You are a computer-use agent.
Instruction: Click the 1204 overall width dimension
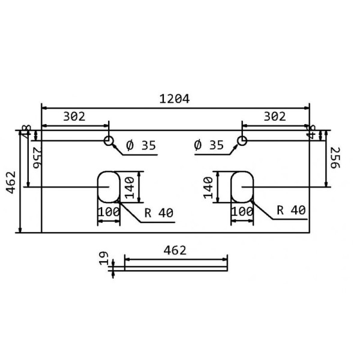click(175, 99)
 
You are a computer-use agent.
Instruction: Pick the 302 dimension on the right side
click(275, 117)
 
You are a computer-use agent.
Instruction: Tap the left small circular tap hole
click(109, 141)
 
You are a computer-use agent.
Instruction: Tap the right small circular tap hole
click(242, 141)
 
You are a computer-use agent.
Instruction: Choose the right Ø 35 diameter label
click(209, 145)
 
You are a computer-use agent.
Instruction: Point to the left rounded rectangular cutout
click(109, 187)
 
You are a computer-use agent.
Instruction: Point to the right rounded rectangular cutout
click(242, 187)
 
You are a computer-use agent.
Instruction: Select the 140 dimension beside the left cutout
click(129, 187)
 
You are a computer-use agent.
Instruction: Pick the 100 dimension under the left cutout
click(109, 212)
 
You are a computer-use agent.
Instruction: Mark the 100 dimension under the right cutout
click(242, 212)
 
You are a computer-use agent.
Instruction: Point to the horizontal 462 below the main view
click(175, 250)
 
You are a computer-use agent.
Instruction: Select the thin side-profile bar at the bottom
click(176, 268)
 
